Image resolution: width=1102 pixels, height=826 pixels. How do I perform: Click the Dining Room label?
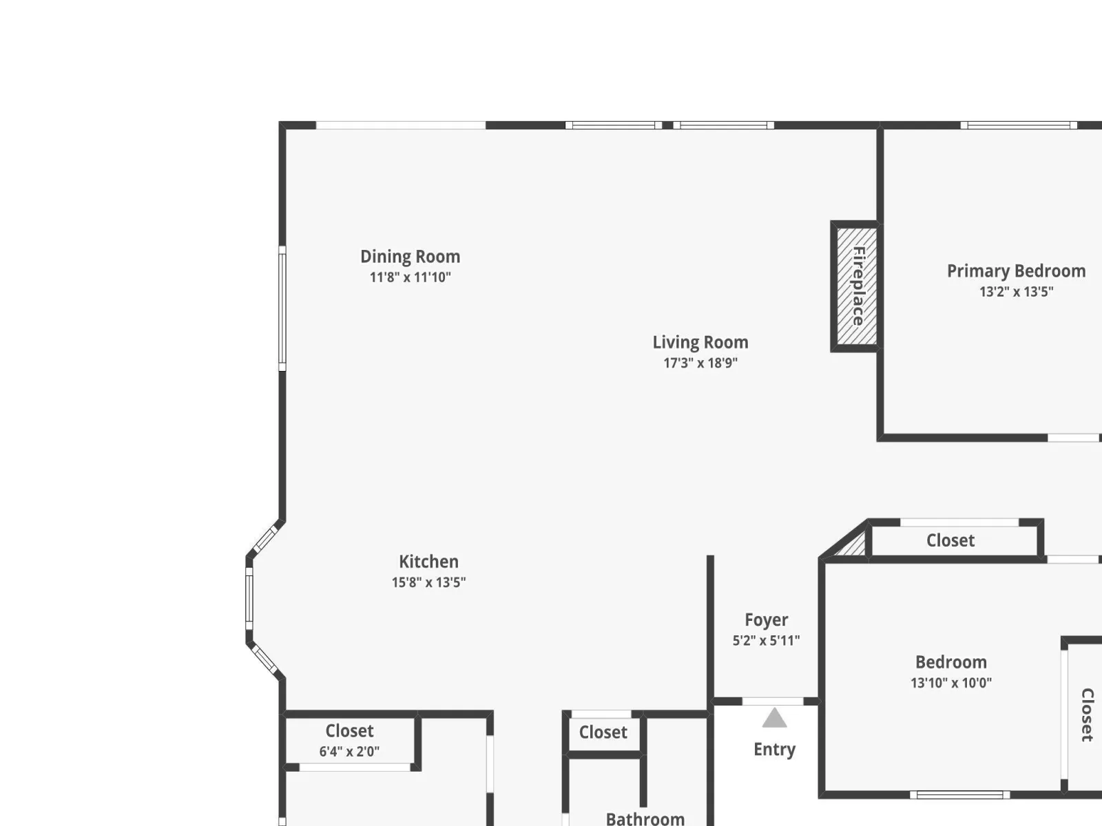[x=410, y=257]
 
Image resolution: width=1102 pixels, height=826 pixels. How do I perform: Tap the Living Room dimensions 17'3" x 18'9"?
[x=700, y=363]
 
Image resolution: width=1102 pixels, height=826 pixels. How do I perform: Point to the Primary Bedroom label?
[x=1016, y=271]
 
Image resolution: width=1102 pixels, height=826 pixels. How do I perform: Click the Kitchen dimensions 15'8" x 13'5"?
[x=429, y=582]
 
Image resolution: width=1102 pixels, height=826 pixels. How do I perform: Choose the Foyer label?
[x=766, y=620]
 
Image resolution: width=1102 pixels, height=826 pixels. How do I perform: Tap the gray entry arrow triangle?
[x=774, y=718]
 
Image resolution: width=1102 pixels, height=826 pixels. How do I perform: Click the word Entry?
[x=774, y=750]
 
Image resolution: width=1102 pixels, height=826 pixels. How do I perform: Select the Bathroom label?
[x=645, y=819]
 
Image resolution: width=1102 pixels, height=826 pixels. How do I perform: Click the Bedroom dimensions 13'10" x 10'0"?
[x=951, y=683]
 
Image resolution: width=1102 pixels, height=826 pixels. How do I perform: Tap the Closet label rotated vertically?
[x=1087, y=714]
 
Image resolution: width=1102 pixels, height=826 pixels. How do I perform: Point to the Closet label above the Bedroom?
[x=950, y=540]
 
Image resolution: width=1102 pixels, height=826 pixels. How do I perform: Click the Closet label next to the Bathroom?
[x=603, y=732]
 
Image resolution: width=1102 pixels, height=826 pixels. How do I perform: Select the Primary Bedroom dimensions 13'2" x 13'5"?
[x=1016, y=292]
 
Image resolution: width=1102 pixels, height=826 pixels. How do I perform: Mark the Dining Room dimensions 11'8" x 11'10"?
[x=410, y=277]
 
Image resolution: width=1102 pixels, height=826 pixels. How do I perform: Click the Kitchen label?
[x=429, y=561]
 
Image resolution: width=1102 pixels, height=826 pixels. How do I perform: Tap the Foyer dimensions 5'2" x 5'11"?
[x=766, y=640]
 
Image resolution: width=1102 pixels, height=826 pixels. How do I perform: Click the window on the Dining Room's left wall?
[x=282, y=308]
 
